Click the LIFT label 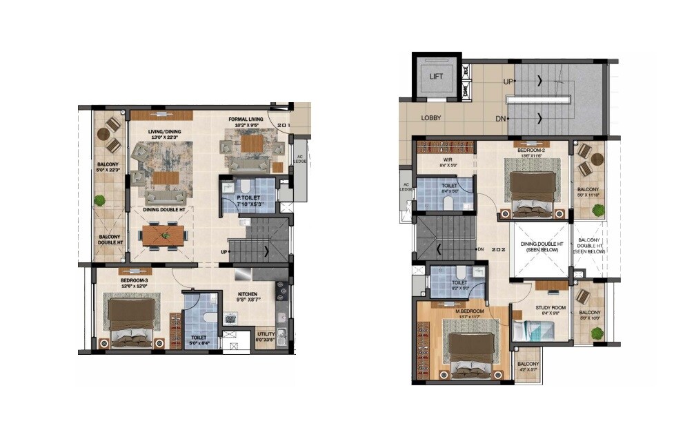pos(437,76)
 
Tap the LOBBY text pos(432,118)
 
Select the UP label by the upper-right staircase pos(508,81)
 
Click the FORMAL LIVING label pos(246,119)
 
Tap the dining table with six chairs pos(164,235)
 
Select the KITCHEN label pos(247,294)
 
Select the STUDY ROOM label pos(550,309)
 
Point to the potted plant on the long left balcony pos(101,201)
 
